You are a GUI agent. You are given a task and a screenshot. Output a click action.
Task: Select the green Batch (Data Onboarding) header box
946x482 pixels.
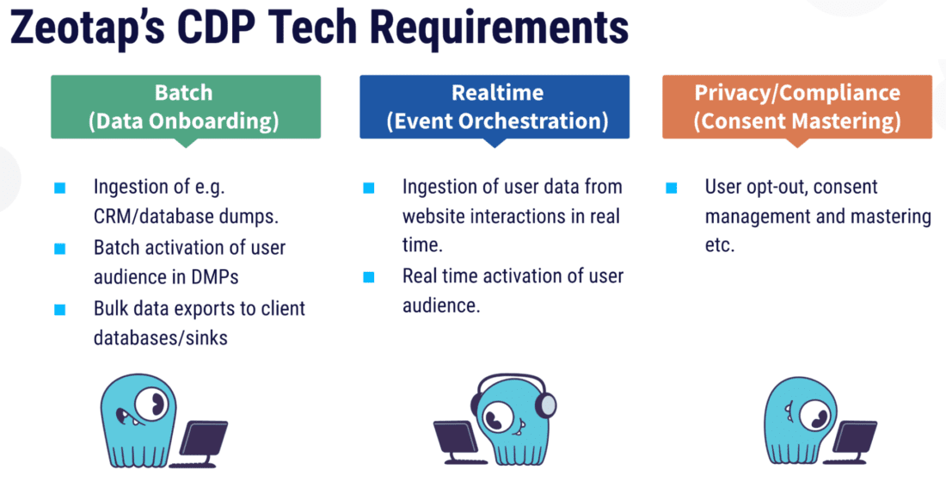185,107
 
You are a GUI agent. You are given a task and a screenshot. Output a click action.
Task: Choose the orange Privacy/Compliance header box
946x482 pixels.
796,107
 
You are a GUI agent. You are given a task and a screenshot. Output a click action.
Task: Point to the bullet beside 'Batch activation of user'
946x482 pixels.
59,249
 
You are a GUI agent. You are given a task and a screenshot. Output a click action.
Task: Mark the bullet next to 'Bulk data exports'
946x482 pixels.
59,309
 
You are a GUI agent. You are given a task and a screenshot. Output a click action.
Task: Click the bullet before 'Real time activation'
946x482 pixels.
369,277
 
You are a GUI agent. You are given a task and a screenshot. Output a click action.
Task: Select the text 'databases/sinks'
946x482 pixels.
161,337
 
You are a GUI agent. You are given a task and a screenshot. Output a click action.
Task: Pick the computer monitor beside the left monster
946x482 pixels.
204,441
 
